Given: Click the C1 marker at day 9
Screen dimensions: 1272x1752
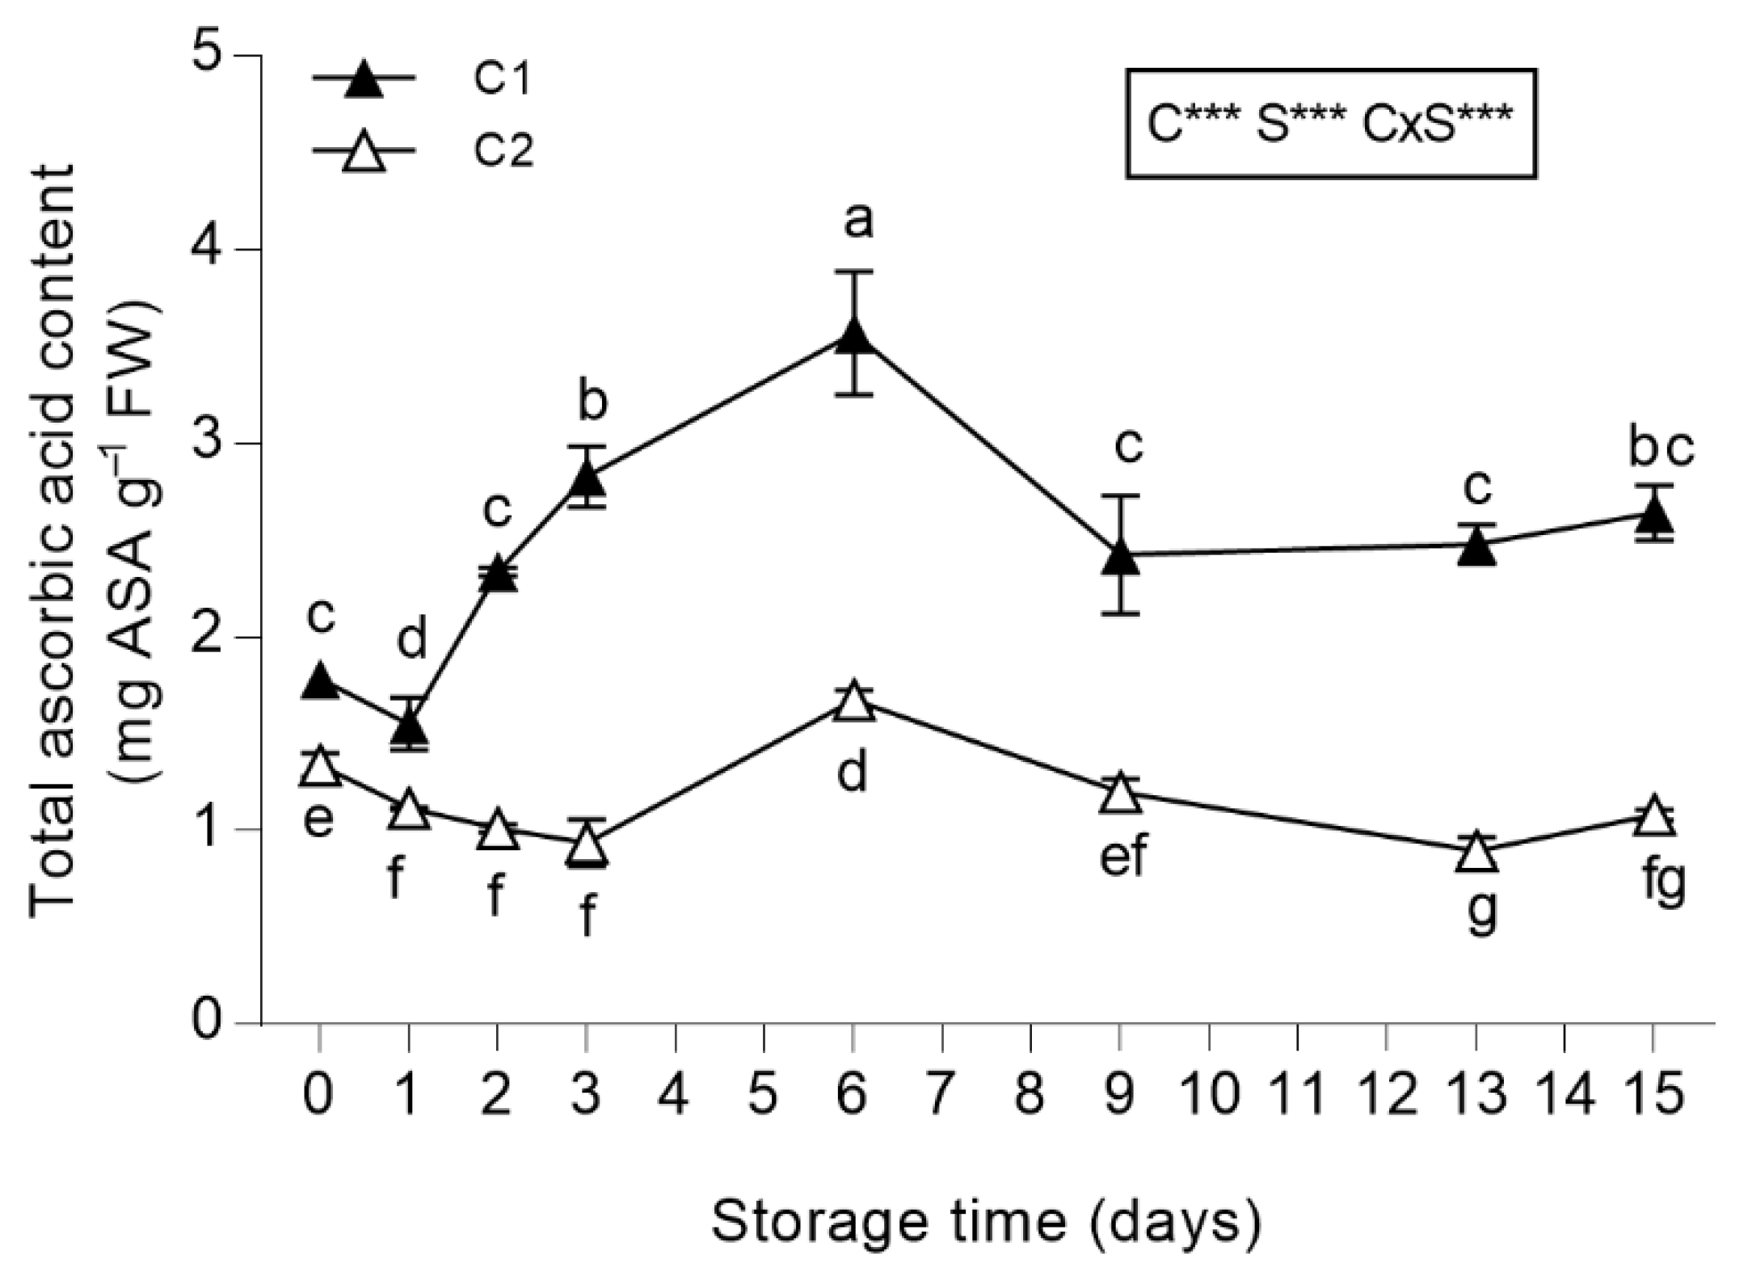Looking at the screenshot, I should pos(1120,557).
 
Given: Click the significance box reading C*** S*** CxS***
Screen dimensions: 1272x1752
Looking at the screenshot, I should pos(1330,124).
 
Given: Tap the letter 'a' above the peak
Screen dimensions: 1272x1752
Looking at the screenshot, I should pos(857,221).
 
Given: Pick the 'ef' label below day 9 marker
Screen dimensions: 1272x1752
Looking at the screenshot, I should pos(1122,857).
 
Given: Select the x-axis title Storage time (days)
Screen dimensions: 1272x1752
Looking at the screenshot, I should pos(985,1220).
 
